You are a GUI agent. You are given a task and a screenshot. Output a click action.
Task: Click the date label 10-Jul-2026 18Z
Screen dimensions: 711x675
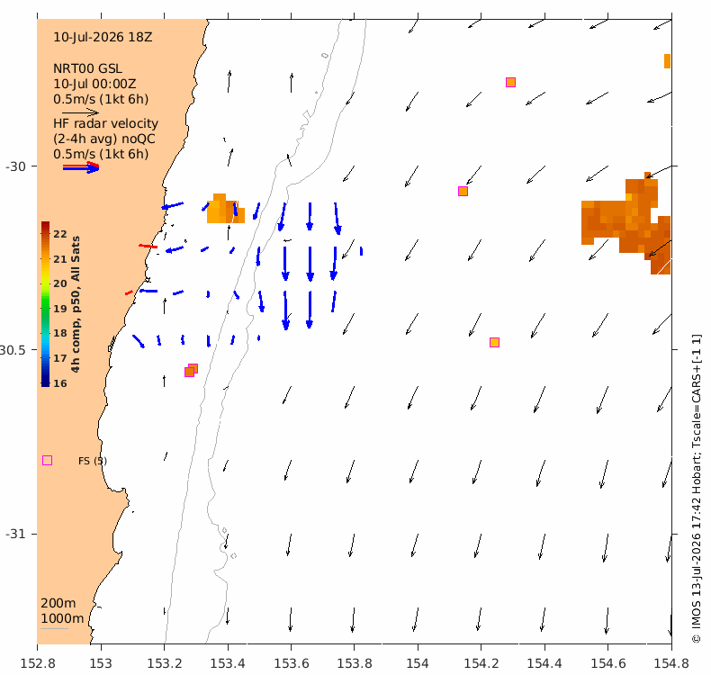click(103, 37)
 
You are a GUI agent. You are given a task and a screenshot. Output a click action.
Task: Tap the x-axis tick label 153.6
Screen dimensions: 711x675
click(291, 663)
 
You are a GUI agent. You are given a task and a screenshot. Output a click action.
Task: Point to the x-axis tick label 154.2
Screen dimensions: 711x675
click(481, 663)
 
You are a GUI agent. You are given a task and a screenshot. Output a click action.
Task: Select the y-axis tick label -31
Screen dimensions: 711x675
click(15, 534)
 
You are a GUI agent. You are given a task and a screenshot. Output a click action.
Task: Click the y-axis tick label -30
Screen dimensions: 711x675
click(15, 166)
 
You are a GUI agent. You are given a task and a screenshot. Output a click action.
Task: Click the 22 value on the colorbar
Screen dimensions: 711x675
click(60, 234)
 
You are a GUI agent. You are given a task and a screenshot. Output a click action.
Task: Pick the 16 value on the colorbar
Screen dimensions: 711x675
click(60, 383)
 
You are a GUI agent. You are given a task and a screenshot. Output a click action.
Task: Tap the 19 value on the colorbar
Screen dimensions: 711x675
click(60, 309)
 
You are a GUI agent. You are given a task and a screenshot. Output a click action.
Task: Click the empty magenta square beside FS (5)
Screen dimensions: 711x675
click(47, 461)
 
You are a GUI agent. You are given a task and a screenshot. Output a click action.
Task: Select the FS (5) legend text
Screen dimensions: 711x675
click(93, 461)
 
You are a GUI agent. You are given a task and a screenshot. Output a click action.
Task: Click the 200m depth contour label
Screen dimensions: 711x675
click(58, 603)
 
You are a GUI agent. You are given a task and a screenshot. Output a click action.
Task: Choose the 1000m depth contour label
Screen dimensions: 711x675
click(62, 619)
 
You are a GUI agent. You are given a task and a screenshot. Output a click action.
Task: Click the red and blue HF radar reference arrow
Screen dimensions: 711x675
click(81, 167)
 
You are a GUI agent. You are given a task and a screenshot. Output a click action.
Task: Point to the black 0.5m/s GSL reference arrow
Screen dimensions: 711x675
click(80, 112)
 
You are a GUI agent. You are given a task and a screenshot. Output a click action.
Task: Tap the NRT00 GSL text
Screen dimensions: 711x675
click(87, 69)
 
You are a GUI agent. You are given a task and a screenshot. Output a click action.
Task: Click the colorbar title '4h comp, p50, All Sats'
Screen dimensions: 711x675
click(76, 304)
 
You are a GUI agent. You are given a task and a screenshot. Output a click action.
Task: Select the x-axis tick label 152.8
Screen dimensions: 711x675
click(38, 663)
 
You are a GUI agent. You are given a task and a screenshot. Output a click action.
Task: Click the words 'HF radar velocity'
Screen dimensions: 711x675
click(105, 124)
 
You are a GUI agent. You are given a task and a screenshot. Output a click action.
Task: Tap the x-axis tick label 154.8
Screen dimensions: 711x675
click(671, 663)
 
